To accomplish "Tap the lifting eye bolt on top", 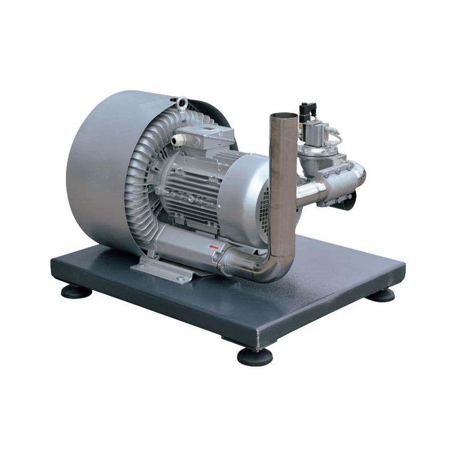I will coord(182,103).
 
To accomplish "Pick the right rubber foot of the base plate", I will coord(383,293).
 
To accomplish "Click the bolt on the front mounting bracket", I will coord(178,279).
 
